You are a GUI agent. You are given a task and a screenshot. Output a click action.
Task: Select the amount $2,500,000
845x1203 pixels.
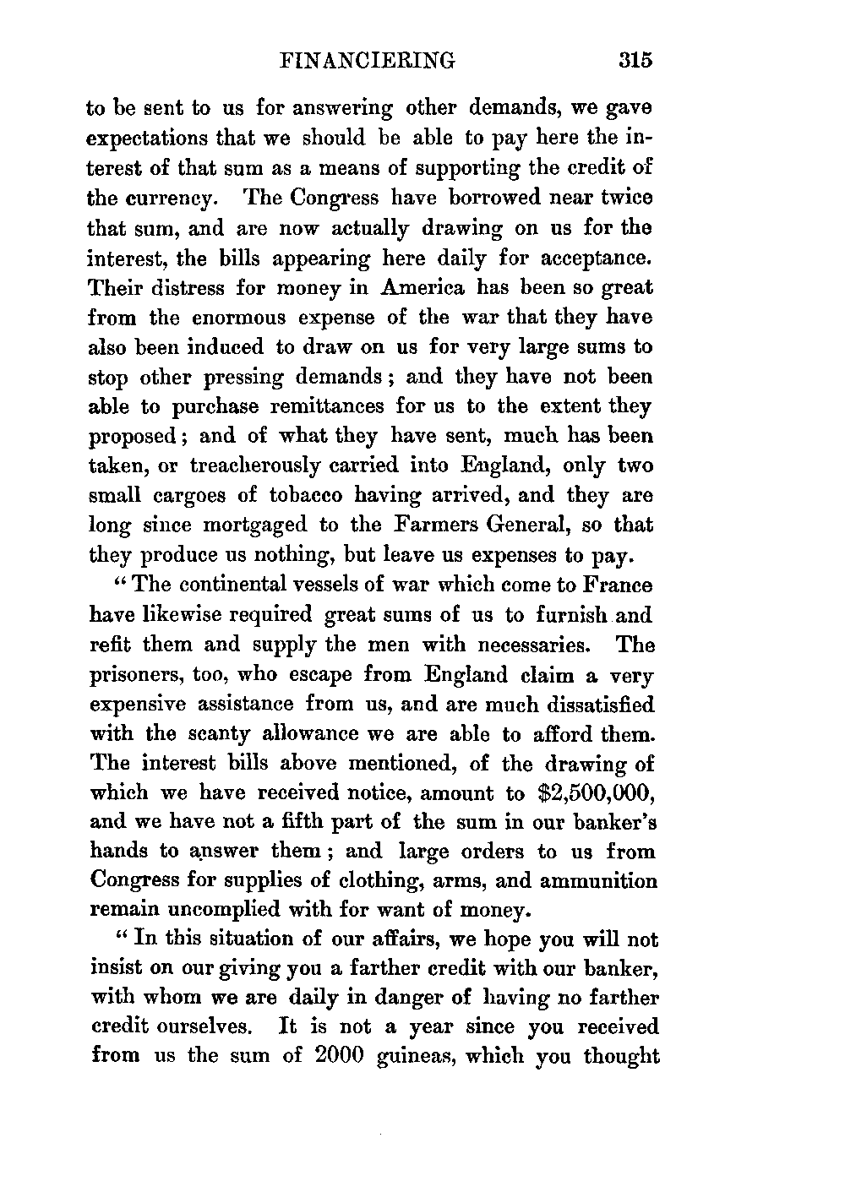(597, 793)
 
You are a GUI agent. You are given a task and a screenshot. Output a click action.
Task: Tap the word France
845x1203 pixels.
(618, 586)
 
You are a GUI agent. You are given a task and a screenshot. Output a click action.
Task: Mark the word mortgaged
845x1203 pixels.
(245, 525)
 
